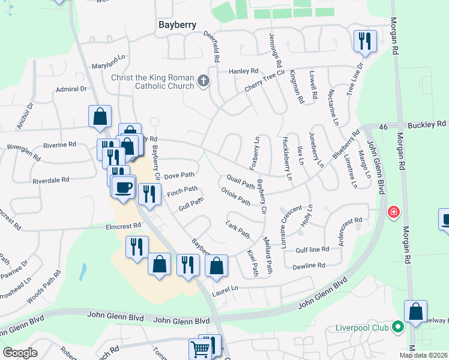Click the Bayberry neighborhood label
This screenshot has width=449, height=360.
[x=178, y=25]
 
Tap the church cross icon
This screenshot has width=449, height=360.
[x=203, y=80]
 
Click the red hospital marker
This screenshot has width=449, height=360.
[x=394, y=212]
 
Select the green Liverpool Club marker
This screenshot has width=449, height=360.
[x=396, y=327]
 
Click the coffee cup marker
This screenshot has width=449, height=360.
[x=124, y=188]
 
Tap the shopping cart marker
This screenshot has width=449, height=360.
[x=200, y=349]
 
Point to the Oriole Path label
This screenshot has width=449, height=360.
[x=235, y=197]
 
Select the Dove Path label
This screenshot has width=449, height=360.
[x=179, y=175]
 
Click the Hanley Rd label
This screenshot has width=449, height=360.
[x=243, y=71]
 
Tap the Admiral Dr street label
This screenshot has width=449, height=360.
[x=71, y=89]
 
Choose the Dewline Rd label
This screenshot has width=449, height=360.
[x=309, y=265]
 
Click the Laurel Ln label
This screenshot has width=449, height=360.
[x=226, y=288]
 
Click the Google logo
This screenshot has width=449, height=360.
[x=20, y=352]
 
